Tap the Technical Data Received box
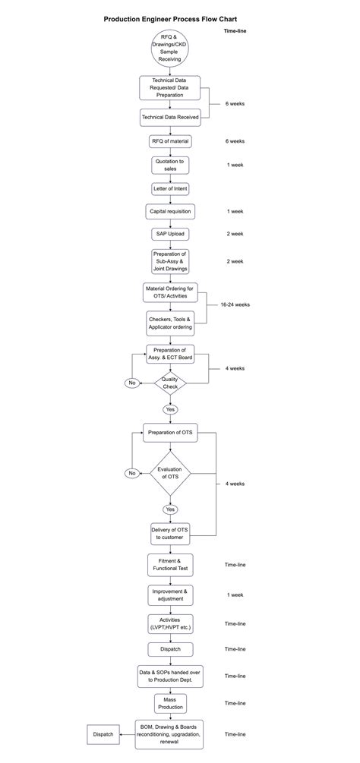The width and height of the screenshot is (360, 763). point(170,117)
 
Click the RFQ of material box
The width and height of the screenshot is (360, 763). point(170,141)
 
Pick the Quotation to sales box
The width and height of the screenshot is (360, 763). point(170,165)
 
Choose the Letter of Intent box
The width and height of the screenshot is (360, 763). point(170,188)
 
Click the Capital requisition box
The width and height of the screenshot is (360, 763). point(170,211)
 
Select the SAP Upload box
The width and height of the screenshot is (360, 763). point(170,234)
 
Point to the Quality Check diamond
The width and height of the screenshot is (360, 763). point(170,383)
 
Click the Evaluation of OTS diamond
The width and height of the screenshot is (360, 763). point(170,473)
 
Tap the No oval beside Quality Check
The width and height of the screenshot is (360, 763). point(132,383)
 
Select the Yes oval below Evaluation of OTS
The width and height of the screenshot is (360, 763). point(170,509)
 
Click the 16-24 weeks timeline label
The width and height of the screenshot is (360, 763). point(235,304)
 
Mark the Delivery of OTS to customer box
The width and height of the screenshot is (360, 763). point(170,534)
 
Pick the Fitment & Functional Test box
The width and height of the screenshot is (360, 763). point(170,565)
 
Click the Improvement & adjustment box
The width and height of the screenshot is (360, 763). point(170,594)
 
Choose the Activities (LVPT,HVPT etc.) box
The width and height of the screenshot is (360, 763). point(170,623)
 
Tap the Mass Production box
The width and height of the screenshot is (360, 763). point(170,703)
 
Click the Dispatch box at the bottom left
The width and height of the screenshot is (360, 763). point(103,734)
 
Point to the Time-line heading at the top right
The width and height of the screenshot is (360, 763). point(235,30)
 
